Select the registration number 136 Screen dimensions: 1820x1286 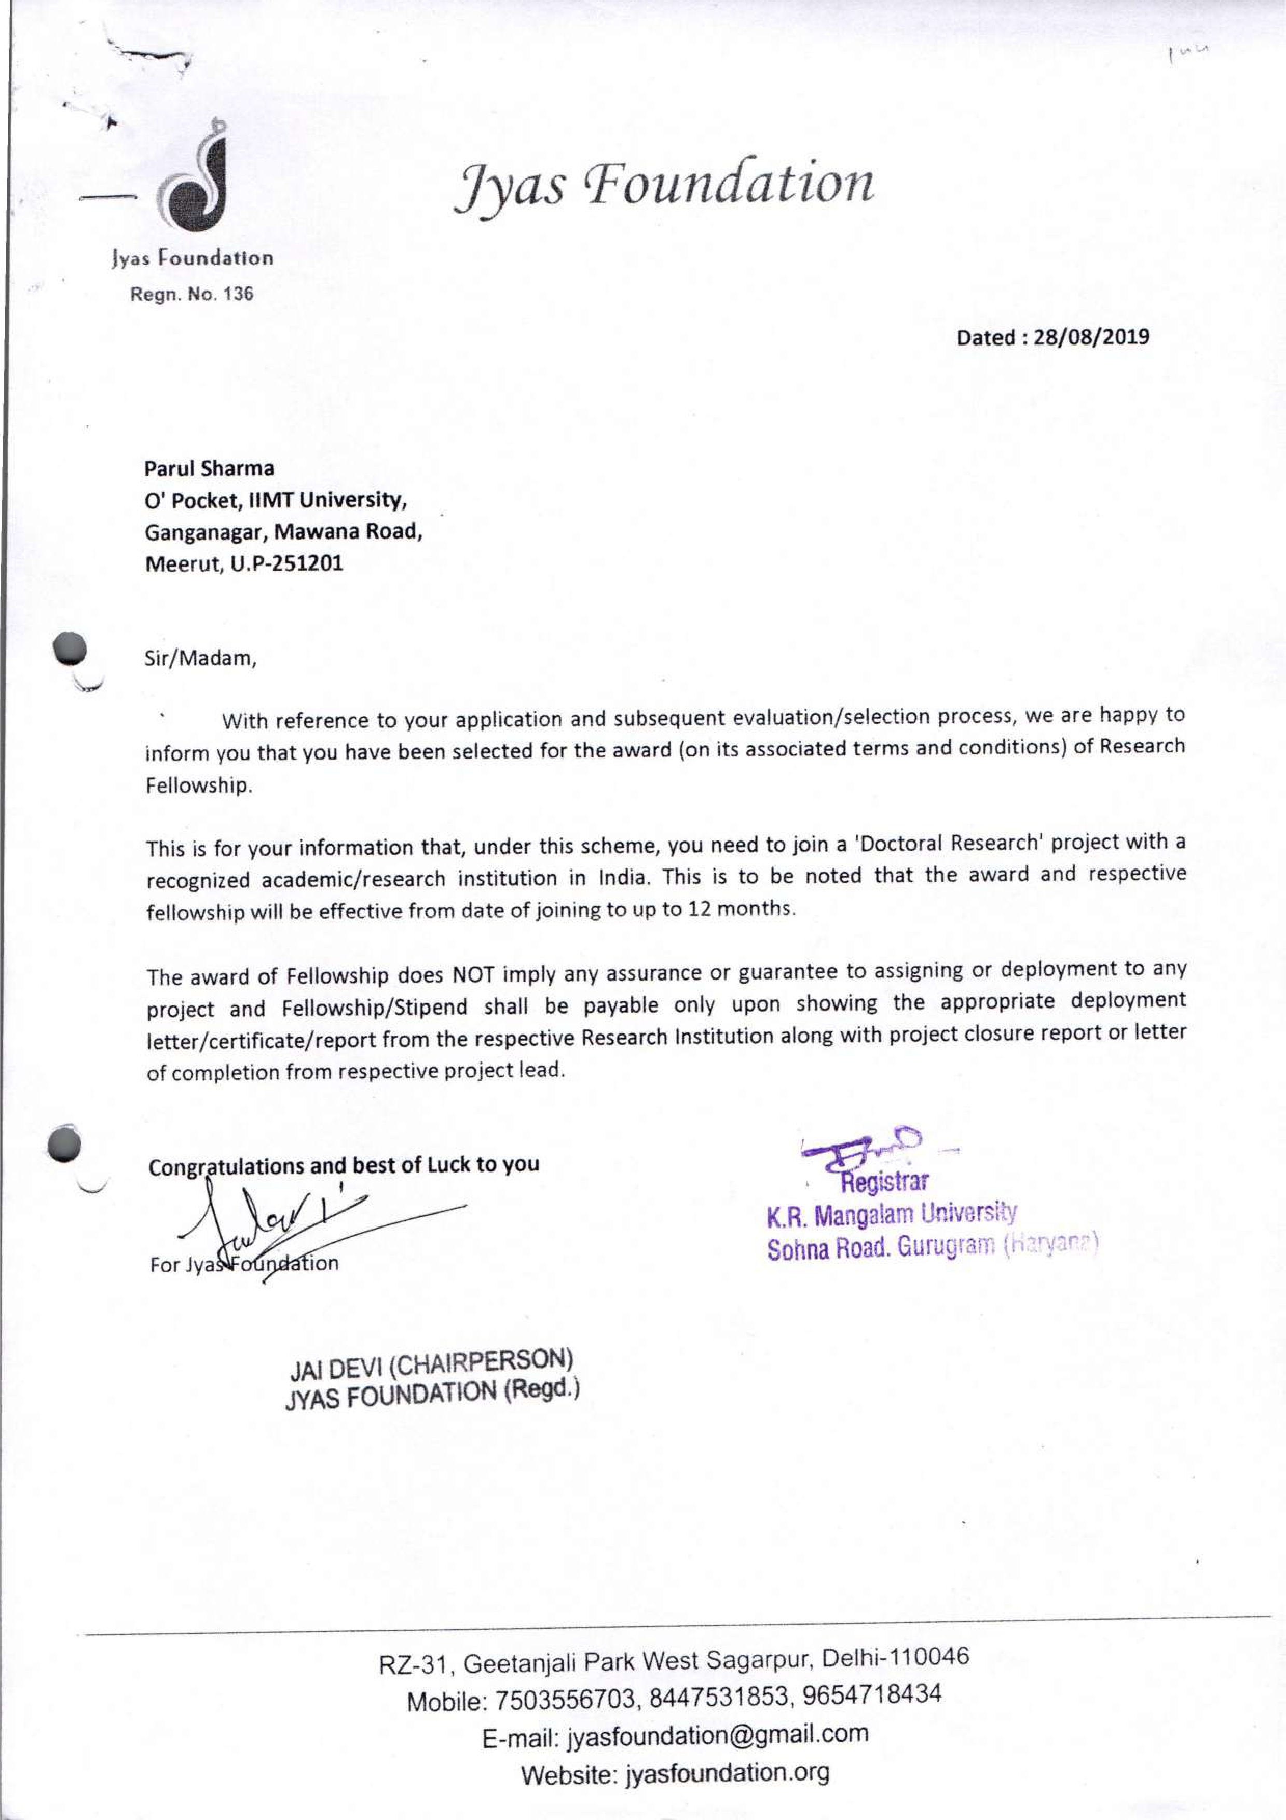238,294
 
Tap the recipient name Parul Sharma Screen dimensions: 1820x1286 209,468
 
